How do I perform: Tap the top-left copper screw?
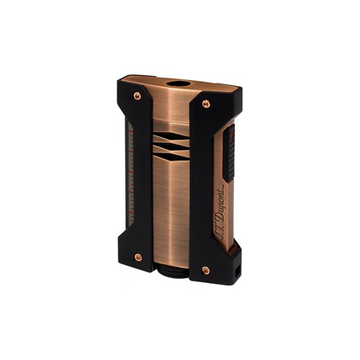pos(137,94)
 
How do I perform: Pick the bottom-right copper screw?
pos(206,270)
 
